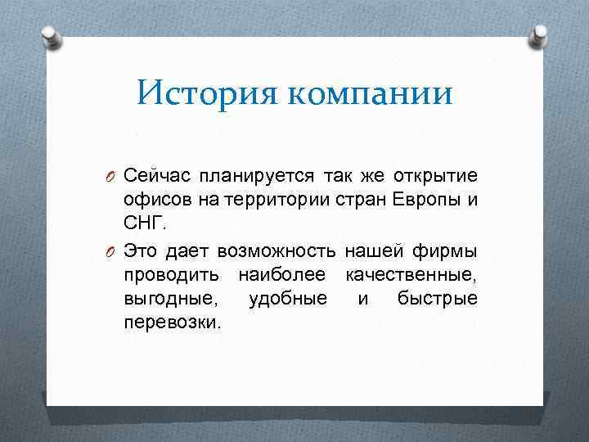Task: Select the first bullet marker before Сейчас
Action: pos(113,178)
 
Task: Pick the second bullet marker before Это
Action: pos(113,250)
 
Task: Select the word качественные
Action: pos(411,273)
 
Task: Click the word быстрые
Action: pos(438,297)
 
